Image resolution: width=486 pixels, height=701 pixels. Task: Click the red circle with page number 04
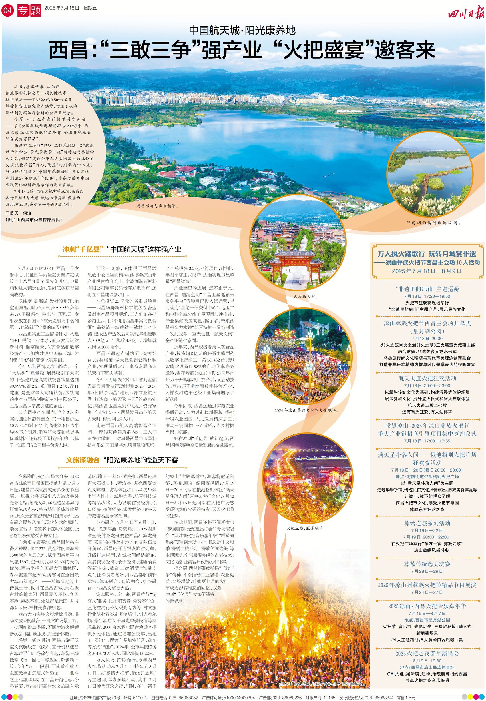point(7,10)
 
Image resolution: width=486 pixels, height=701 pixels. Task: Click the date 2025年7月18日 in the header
point(62,8)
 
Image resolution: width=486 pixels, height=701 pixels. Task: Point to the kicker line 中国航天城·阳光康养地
point(242,31)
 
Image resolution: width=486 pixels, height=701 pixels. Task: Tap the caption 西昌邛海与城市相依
point(157,206)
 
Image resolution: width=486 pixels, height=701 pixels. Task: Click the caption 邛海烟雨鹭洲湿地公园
point(433,223)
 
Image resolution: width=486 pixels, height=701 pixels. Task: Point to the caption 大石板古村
point(306,296)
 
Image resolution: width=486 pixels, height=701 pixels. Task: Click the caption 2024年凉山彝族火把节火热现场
point(306,410)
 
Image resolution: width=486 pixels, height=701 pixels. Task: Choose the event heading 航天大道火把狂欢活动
point(427,378)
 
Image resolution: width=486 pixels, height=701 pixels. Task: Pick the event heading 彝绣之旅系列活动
point(427,523)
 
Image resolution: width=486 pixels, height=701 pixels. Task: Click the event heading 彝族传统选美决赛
point(427,564)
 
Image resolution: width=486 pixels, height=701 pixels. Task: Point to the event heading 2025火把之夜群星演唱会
point(427,653)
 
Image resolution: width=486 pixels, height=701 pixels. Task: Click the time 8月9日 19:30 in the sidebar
point(427,660)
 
